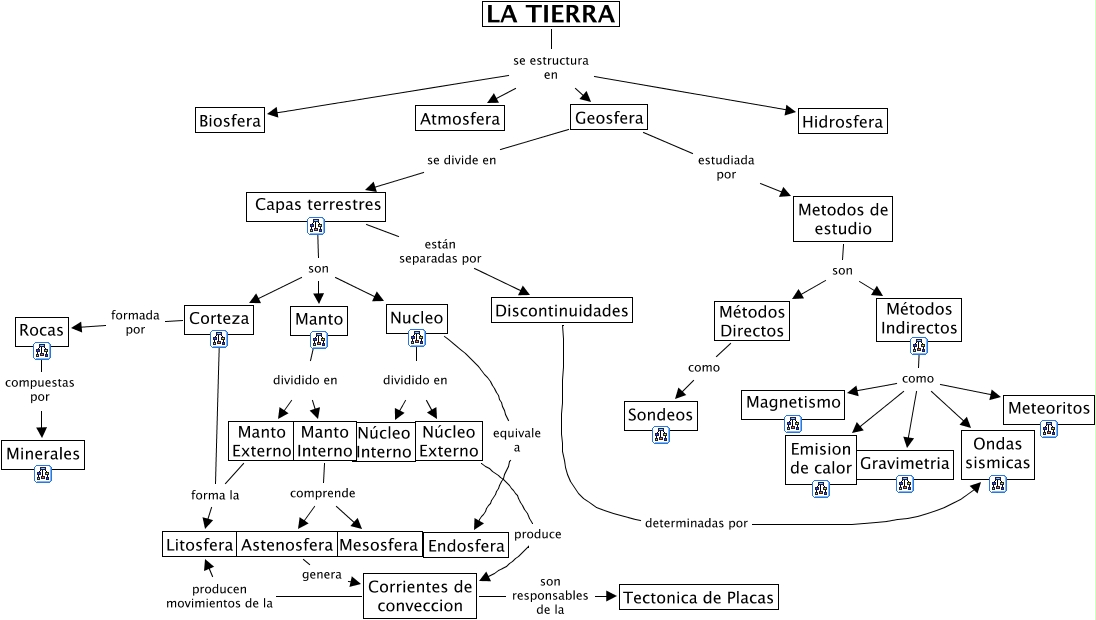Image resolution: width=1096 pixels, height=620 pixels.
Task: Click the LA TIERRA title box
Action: pos(550,14)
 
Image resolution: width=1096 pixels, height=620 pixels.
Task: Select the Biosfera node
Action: pos(230,121)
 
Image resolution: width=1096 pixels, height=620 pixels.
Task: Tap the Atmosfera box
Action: pos(460,118)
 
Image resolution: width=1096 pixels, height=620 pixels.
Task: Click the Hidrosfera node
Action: pos(842,122)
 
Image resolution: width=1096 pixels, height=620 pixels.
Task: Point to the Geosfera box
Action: pos(608,118)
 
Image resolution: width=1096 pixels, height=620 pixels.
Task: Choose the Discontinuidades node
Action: pos(563,310)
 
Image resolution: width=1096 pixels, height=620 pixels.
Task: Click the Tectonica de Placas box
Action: pos(698,598)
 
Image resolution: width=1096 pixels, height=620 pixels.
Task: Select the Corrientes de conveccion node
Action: pos(419,596)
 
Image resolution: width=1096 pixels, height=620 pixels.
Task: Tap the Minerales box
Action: pos(42,454)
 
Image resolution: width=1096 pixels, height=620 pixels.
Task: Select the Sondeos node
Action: pos(660,414)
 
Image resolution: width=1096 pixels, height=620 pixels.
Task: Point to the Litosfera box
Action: pos(199,545)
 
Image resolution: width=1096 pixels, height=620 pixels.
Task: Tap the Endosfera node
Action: pos(467,546)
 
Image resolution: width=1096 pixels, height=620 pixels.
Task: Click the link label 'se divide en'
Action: pos(461,158)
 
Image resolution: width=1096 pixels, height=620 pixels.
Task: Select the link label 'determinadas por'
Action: pos(696,522)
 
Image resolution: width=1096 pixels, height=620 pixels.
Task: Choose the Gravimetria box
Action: pos(904,464)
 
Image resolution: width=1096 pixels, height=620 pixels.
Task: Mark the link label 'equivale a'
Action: pos(517,441)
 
